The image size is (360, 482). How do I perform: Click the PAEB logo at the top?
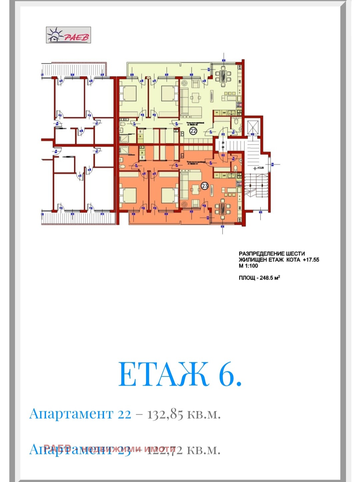pos(68,35)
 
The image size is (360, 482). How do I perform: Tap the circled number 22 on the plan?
pos(193,131)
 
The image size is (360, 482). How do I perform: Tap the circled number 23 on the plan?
pos(205,186)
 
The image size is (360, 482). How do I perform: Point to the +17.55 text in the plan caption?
pos(311,260)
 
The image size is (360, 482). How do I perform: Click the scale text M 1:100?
pos(248,266)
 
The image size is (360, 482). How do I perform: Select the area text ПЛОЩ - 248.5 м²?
pos(259,278)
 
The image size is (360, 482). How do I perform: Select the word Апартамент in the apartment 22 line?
pos(71,414)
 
